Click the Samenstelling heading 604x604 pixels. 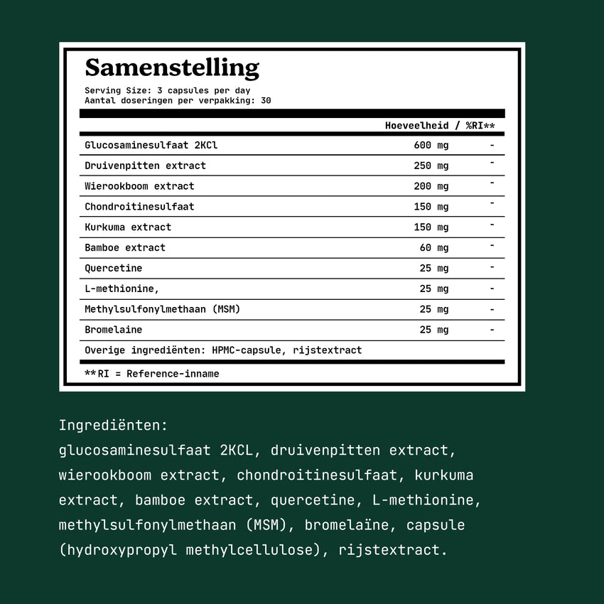coord(172,68)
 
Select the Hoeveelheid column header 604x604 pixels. coord(416,125)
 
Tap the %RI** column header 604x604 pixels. coord(480,125)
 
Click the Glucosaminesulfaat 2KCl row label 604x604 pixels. coord(151,145)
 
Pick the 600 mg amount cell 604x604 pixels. coord(431,145)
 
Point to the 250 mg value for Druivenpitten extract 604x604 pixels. coord(431,166)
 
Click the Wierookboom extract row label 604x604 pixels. coord(139,186)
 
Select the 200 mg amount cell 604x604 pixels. coord(431,186)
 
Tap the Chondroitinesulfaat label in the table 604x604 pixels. coord(139,207)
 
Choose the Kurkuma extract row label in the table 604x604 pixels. coord(128,227)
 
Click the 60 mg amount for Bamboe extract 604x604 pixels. coord(433,248)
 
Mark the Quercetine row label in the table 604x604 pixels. coord(113,269)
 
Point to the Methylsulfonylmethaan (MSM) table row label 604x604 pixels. coord(162,310)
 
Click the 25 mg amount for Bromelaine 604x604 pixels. coord(433,330)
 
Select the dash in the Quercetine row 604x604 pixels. coord(492,268)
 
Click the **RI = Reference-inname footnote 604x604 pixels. coord(151,374)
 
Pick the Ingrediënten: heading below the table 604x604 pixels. coord(113,426)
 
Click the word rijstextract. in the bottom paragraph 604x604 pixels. coord(393,550)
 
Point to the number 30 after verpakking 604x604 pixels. coord(266,101)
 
